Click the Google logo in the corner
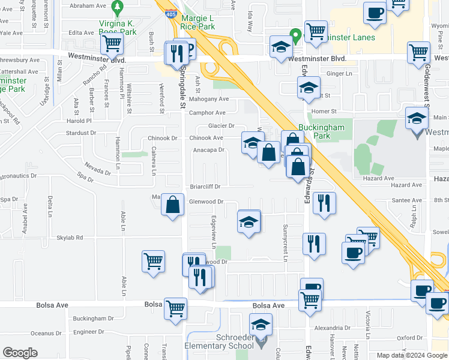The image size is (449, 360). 20,353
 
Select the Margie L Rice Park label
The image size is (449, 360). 197,23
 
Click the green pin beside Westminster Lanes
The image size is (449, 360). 295,35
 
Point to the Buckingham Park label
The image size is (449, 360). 322,131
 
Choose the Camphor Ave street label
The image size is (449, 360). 207,113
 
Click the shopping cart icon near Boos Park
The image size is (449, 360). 112,43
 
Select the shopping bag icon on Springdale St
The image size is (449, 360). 173,205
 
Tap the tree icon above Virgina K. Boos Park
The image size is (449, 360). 117,8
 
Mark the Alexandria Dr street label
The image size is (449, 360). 331,328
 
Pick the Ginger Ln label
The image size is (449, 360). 339,74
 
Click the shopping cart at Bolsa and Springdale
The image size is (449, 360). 176,308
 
